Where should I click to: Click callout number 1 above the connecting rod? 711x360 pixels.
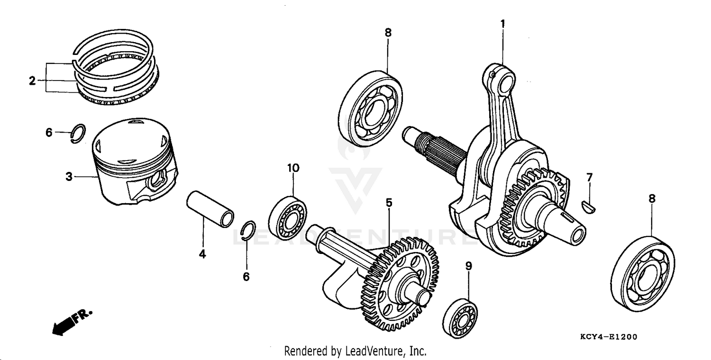(502, 23)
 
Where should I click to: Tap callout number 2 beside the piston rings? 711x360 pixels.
(32, 81)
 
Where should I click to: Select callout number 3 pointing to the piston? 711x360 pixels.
(69, 177)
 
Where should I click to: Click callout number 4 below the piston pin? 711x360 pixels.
(202, 254)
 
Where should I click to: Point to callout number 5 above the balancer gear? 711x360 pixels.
(389, 203)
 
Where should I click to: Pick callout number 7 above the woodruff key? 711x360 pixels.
(589, 178)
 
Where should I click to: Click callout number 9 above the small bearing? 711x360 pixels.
(468, 266)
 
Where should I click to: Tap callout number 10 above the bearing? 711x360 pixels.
(293, 168)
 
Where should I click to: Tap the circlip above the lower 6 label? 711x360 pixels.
(248, 231)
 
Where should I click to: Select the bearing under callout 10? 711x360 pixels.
(287, 217)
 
